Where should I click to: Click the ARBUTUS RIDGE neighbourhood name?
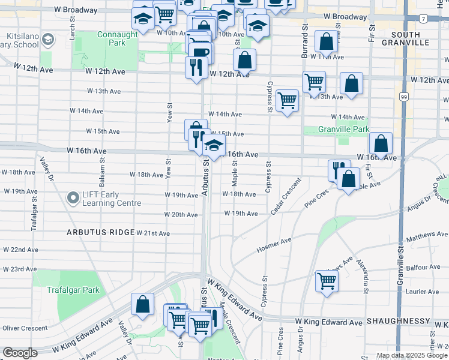(x=100, y=232)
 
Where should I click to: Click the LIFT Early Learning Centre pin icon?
(x=73, y=197)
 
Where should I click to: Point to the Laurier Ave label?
(x=423, y=292)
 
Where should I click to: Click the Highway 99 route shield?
(x=403, y=97)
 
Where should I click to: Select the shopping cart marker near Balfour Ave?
(x=327, y=280)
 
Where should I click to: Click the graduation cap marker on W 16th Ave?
(x=213, y=145)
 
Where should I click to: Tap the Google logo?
(x=20, y=353)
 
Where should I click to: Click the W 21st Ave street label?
(x=153, y=233)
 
